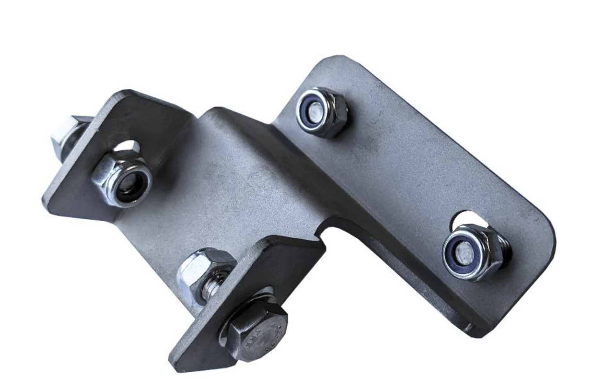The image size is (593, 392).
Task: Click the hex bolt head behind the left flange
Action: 68,133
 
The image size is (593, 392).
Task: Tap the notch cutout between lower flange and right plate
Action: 328,233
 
